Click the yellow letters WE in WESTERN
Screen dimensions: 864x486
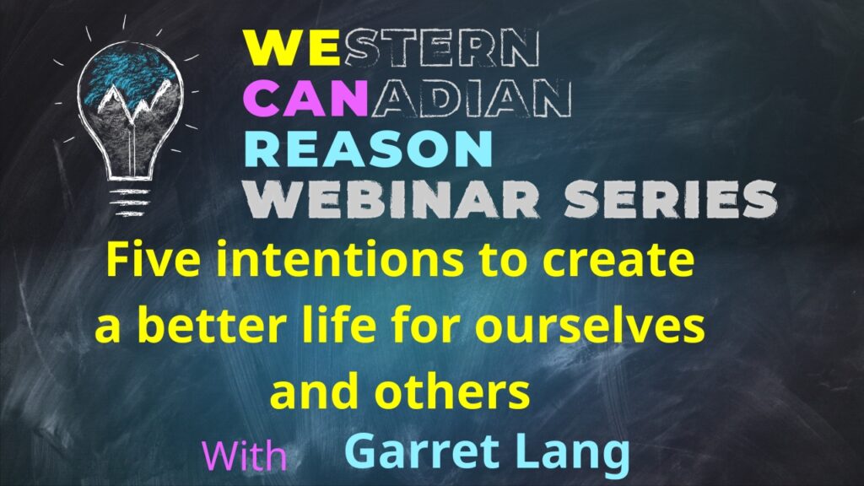[293, 48]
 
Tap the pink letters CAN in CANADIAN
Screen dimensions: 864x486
[305, 98]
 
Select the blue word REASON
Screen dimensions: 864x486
[368, 148]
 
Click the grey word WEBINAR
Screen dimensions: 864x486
[392, 199]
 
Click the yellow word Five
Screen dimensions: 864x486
[154, 260]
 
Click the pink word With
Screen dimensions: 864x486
[244, 456]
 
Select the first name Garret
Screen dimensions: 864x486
[423, 451]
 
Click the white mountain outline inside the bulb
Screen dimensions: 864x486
[132, 100]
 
